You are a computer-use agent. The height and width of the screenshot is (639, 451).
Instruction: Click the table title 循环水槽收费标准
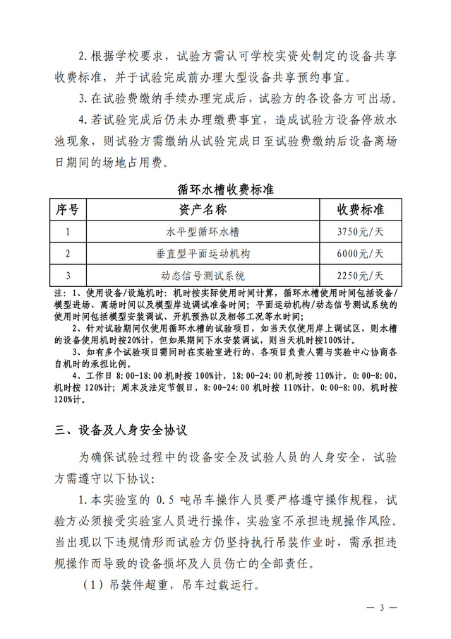[225, 189]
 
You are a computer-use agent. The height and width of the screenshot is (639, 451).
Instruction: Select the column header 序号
[67, 210]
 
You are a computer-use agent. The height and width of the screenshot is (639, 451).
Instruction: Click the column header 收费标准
[360, 210]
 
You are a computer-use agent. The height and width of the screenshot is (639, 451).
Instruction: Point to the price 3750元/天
[360, 231]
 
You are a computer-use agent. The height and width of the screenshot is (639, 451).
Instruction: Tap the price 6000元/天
[360, 252]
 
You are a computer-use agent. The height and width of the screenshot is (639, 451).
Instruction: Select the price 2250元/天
[360, 274]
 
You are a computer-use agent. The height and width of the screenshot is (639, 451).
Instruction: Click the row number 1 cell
[67, 231]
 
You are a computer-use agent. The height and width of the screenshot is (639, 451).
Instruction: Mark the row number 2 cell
[67, 252]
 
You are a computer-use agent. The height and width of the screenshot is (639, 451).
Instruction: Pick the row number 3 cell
[67, 274]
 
